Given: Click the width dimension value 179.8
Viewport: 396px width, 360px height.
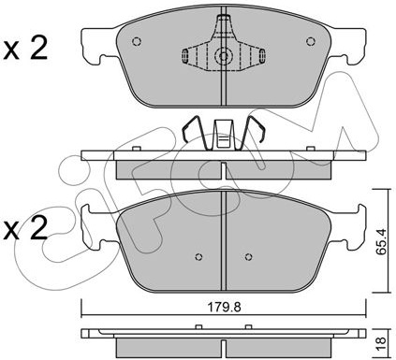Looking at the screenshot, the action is point(225,308).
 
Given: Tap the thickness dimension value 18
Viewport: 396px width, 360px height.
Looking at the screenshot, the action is point(381,344).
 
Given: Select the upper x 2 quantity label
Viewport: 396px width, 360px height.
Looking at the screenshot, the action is point(25,49).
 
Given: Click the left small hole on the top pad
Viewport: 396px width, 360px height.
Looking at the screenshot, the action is point(137,41).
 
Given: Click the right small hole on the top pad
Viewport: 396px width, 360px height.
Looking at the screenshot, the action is point(310,41).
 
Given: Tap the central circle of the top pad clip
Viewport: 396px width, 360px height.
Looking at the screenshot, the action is point(224,56).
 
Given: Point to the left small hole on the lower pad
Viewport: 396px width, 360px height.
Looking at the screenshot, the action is point(198,257).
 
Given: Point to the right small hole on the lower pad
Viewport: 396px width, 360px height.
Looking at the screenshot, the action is point(248,257).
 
